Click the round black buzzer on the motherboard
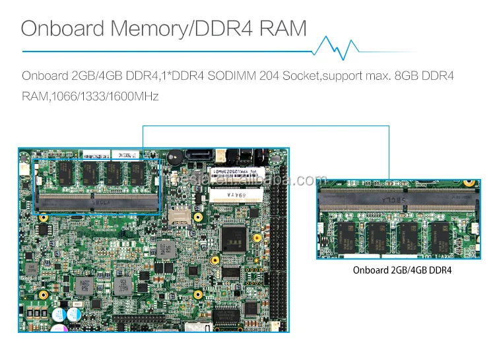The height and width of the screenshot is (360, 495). pyautogui.click(x=176, y=159)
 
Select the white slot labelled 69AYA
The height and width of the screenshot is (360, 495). pyautogui.click(x=237, y=194)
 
